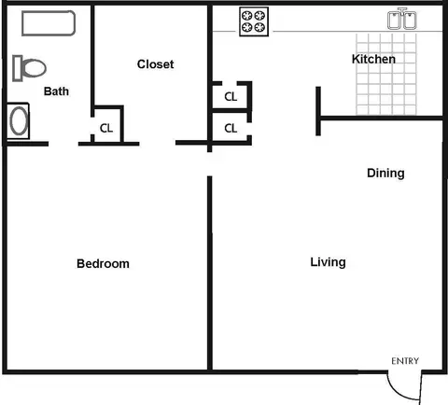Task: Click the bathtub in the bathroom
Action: (x=49, y=23)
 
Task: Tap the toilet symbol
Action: (x=29, y=68)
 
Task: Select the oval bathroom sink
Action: (x=18, y=120)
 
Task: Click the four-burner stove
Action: (x=254, y=21)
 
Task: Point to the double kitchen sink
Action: (x=402, y=19)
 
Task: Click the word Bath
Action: (x=56, y=91)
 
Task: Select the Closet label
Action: (x=156, y=64)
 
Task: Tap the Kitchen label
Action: (x=373, y=59)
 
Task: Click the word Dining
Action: (x=385, y=174)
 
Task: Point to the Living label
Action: (x=328, y=262)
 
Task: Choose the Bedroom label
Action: (x=103, y=264)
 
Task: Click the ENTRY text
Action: (x=405, y=361)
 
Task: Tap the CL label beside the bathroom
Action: (x=106, y=128)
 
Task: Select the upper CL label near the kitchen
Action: (x=231, y=97)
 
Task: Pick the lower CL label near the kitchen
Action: (x=231, y=128)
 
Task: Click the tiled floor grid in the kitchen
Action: (x=386, y=74)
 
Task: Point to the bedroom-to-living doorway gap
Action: (x=210, y=164)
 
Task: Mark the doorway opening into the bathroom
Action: (x=63, y=144)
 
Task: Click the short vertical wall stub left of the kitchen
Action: (x=318, y=111)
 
